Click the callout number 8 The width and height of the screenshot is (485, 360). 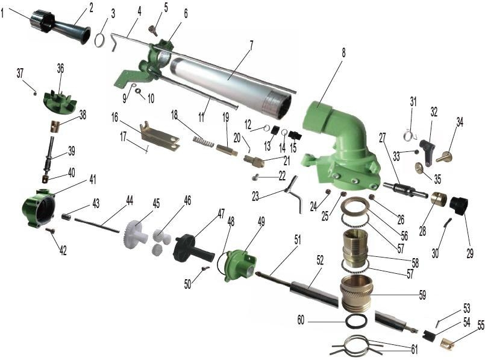pyautogui.click(x=343, y=52)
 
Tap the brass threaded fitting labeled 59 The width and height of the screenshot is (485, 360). pyautogui.click(x=365, y=294)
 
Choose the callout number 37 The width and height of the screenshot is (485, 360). pyautogui.click(x=20, y=73)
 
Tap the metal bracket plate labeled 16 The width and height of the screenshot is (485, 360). pyautogui.click(x=159, y=136)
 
